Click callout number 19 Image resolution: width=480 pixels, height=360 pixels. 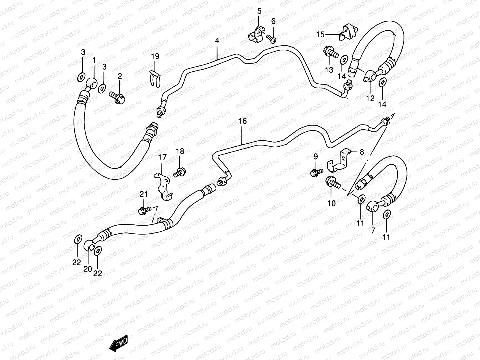coord(155,56)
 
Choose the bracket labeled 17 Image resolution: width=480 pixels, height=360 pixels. coord(163,186)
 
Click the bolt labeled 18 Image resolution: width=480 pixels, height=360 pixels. coord(179,172)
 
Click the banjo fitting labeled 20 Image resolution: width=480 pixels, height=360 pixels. coord(89,245)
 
